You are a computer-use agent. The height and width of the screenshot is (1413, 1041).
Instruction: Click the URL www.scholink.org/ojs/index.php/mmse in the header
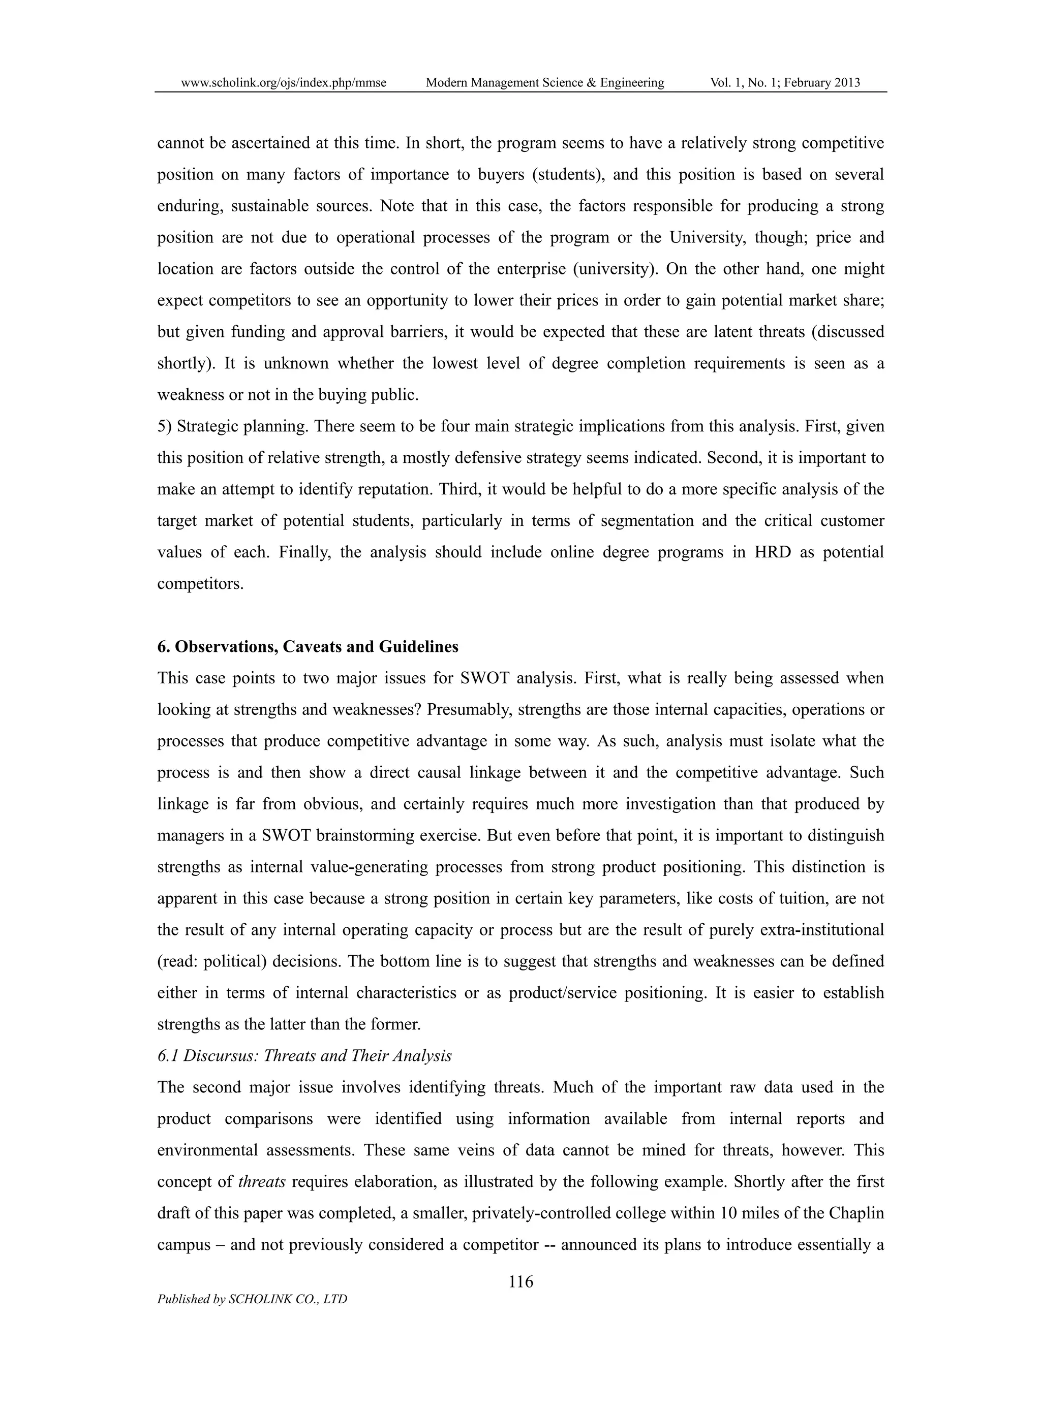284,82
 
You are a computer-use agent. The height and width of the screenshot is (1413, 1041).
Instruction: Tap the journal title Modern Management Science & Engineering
545,82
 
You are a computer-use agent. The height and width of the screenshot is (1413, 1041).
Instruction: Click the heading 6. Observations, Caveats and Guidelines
308,647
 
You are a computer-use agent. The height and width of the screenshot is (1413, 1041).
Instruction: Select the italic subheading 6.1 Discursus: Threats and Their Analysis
304,1056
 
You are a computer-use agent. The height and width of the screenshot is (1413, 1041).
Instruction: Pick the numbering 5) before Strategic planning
165,426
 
